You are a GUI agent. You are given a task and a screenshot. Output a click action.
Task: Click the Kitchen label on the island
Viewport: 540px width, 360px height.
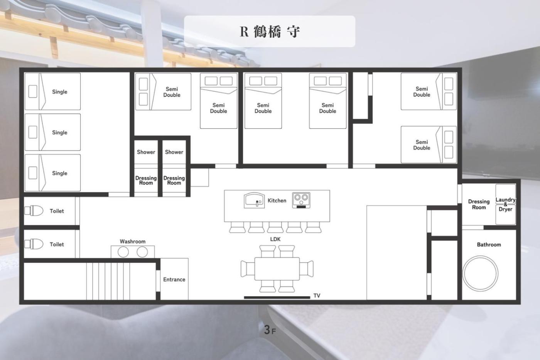click(277, 201)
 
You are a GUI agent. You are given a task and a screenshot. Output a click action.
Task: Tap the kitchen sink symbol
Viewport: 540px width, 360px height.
click(254, 200)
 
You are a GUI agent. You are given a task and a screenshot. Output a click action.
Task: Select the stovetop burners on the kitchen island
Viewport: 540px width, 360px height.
click(301, 200)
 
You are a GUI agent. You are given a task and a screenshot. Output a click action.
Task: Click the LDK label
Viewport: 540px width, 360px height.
click(275, 239)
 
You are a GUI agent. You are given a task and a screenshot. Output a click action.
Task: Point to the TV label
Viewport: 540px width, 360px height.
click(317, 296)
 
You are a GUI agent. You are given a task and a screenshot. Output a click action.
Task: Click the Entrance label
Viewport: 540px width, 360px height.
click(174, 279)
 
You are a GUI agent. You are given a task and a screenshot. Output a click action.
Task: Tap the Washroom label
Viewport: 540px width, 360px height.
click(133, 242)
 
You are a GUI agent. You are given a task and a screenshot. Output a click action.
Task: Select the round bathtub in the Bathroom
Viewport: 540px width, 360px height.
click(480, 274)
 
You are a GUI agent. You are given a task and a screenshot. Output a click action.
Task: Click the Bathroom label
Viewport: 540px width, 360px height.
click(489, 245)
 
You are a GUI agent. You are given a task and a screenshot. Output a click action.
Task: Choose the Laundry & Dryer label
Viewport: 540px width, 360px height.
click(505, 205)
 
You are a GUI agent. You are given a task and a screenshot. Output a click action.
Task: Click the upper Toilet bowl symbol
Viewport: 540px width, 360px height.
click(34, 211)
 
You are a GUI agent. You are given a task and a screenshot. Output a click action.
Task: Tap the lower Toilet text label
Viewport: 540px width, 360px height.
click(57, 244)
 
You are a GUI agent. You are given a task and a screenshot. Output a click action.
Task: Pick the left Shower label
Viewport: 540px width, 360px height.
click(146, 152)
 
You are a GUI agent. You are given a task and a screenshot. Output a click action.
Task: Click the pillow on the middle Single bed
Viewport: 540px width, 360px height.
click(33, 132)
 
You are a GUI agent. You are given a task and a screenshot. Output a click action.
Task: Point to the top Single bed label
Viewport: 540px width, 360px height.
click(59, 91)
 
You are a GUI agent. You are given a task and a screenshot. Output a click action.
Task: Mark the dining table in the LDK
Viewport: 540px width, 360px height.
click(277, 269)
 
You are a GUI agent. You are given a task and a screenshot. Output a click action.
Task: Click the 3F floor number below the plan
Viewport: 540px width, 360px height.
click(270, 330)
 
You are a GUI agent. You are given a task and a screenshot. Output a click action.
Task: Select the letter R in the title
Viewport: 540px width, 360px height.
click(244, 32)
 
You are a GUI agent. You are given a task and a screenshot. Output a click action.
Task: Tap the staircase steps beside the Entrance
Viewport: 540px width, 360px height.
click(108, 281)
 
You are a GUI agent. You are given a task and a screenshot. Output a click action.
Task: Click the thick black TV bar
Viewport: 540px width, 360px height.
click(277, 297)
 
